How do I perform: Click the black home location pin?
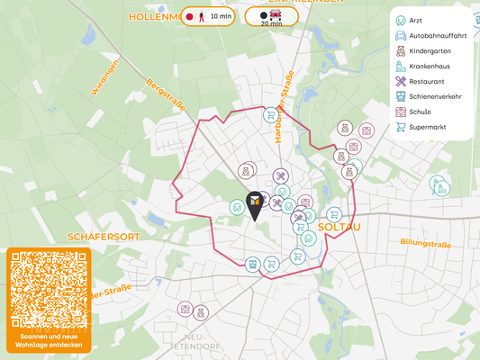pos(255,204)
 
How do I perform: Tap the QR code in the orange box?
pos(49,290)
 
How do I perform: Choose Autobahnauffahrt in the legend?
pos(437,36)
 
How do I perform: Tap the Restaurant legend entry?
pos(425,82)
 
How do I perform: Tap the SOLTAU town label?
pos(340,227)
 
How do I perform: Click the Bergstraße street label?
pos(165,94)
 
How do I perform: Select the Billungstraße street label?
pos(425,243)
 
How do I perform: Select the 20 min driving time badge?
pos(271,17)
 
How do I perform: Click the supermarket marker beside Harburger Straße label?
pos(270,115)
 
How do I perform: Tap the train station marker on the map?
pos(253,265)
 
